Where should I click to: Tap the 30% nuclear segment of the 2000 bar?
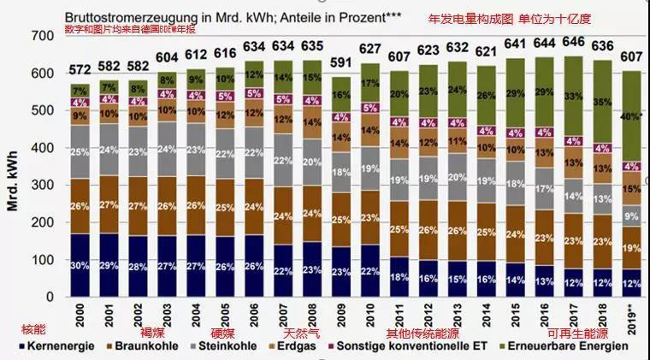click(x=79, y=265)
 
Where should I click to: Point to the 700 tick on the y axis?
click(x=40, y=35)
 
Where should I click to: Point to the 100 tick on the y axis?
click(x=40, y=260)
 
